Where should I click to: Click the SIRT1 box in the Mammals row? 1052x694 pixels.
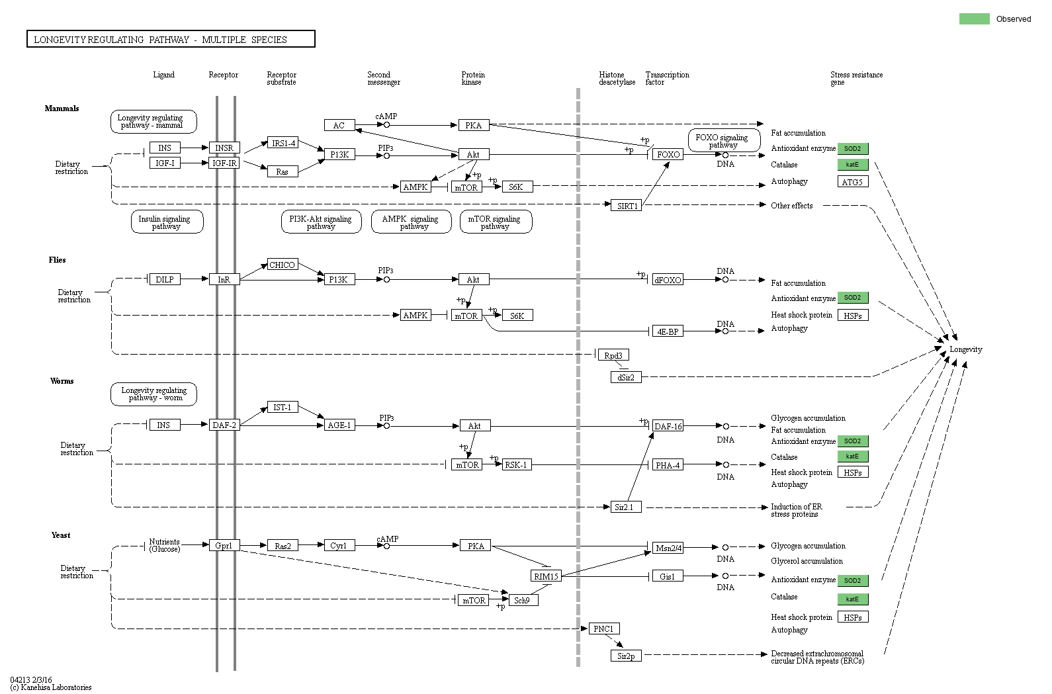(627, 206)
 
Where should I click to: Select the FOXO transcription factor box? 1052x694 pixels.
(668, 154)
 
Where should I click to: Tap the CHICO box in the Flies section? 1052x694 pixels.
(282, 265)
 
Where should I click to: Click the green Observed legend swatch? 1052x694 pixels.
(974, 19)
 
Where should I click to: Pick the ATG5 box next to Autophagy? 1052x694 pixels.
(852, 182)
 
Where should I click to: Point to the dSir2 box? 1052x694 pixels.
(625, 377)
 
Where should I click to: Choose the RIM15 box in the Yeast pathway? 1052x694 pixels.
(546, 576)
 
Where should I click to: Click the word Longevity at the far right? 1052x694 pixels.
(965, 349)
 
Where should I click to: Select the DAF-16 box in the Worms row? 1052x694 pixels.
(668, 426)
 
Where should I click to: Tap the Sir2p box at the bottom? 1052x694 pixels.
(625, 656)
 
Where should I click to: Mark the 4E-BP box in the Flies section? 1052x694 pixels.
(668, 331)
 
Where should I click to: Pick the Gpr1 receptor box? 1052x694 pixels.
(224, 546)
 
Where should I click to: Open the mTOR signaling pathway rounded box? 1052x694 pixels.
(495, 222)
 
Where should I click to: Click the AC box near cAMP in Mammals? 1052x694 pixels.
(339, 125)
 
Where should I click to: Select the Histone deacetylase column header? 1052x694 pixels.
(617, 78)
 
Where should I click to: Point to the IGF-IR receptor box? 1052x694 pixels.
(224, 163)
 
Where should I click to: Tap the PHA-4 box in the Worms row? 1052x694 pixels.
(668, 465)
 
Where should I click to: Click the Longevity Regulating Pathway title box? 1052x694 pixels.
(171, 40)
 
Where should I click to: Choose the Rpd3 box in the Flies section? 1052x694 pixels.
(613, 355)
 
